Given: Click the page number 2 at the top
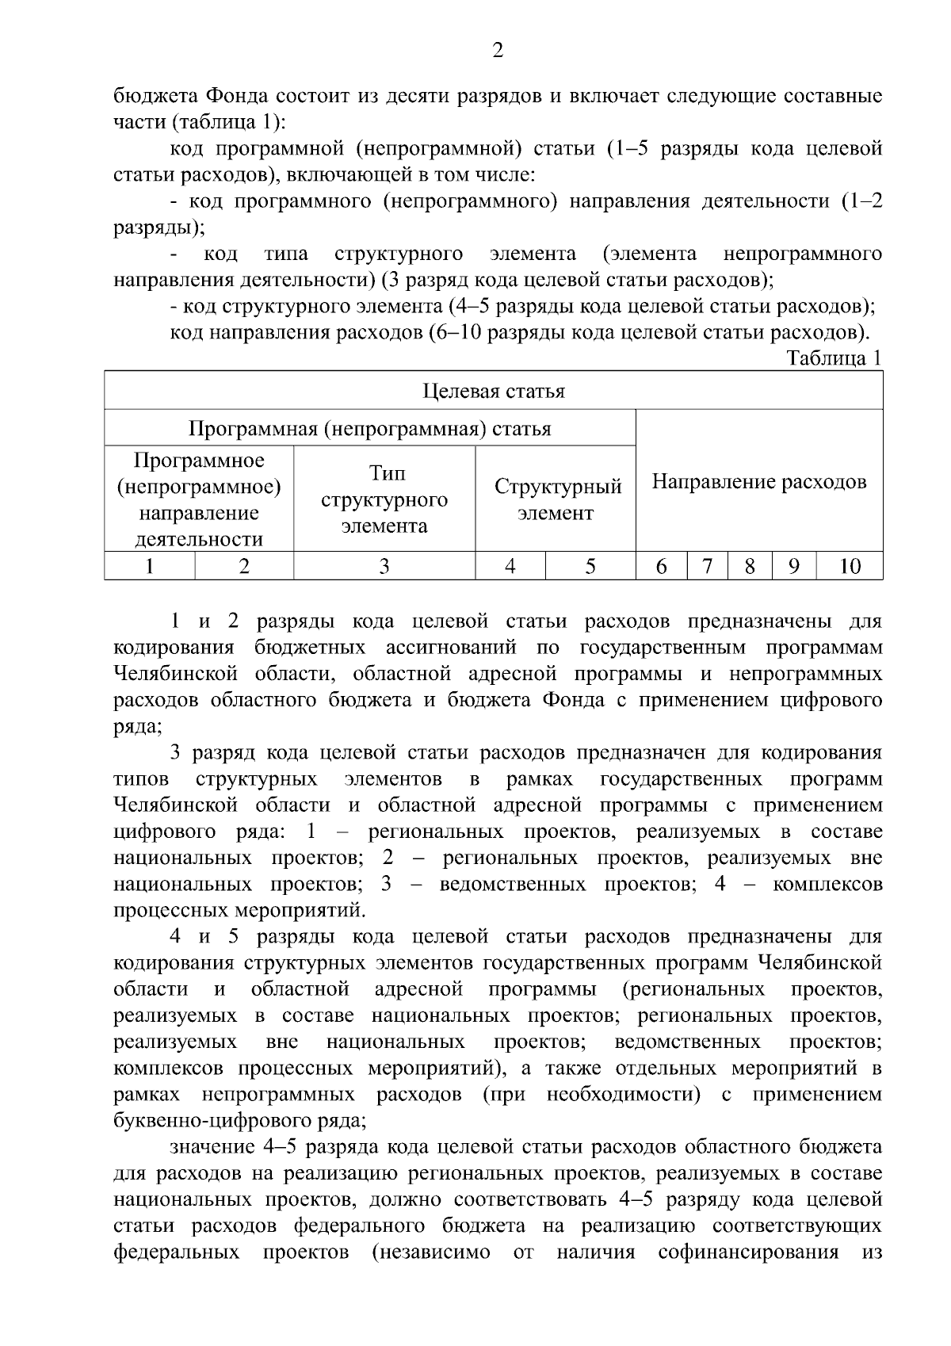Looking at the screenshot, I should pos(498,52).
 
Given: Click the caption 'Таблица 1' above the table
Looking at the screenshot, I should pos(834,358).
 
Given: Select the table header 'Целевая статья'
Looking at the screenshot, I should pos(493,391).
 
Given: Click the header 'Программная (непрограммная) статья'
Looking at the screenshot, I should pos(369,429).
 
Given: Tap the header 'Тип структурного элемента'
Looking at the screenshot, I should pos(384,499).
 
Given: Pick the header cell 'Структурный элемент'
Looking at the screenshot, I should pos(557,499).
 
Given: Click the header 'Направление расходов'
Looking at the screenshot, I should pos(758,482).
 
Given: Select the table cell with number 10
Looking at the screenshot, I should pos(850,566).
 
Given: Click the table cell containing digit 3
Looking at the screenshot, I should pos(384,566).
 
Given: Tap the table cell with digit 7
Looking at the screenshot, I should pos(707,566).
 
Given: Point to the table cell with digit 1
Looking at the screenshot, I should pos(150,566).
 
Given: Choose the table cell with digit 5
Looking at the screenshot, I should pos(590,566).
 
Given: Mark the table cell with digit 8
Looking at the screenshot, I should pos(750,566).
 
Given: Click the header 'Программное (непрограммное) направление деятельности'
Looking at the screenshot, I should pos(199,499).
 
